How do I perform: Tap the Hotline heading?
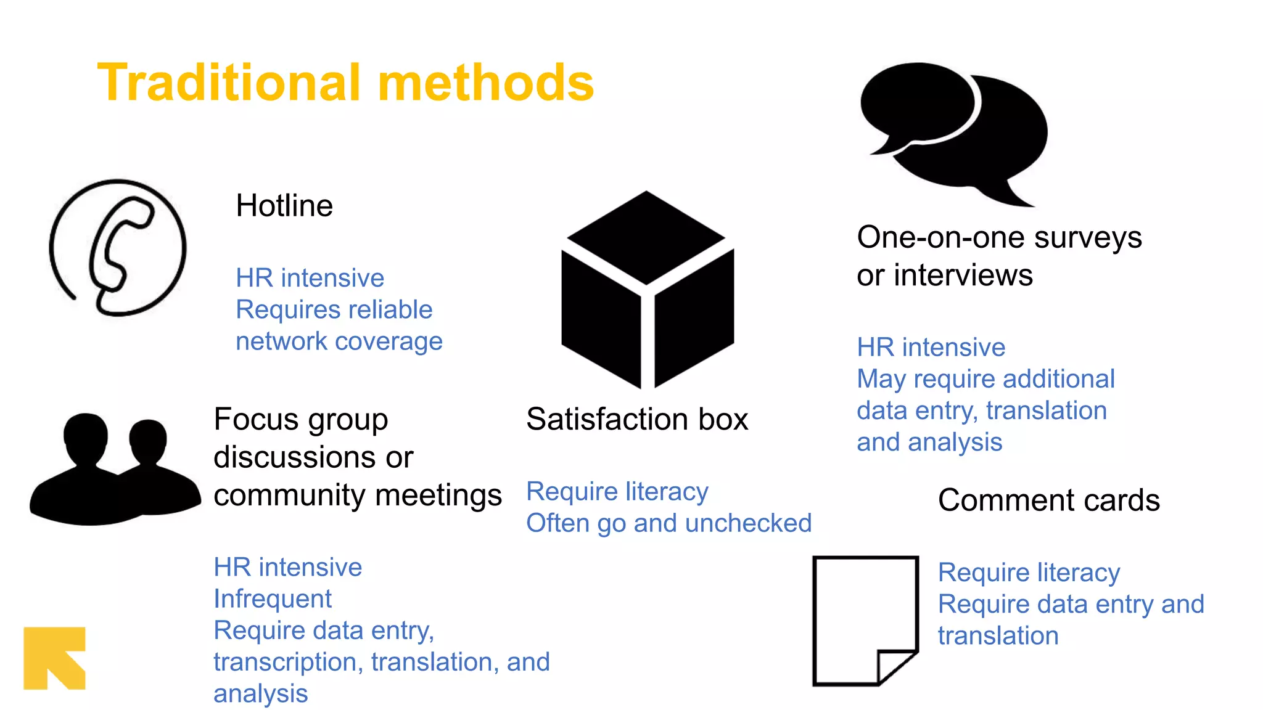pos(284,206)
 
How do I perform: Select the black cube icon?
pos(647,290)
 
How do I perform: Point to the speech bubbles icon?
pos(953,133)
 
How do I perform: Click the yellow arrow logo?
pos(54,658)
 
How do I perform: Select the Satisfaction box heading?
pos(637,420)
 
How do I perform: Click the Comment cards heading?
pos(1048,500)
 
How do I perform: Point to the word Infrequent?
pos(273,599)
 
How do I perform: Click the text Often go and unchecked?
pos(669,523)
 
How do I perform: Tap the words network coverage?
pos(339,341)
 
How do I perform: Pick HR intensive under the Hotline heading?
pos(310,279)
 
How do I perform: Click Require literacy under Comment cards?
pos(1029,573)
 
